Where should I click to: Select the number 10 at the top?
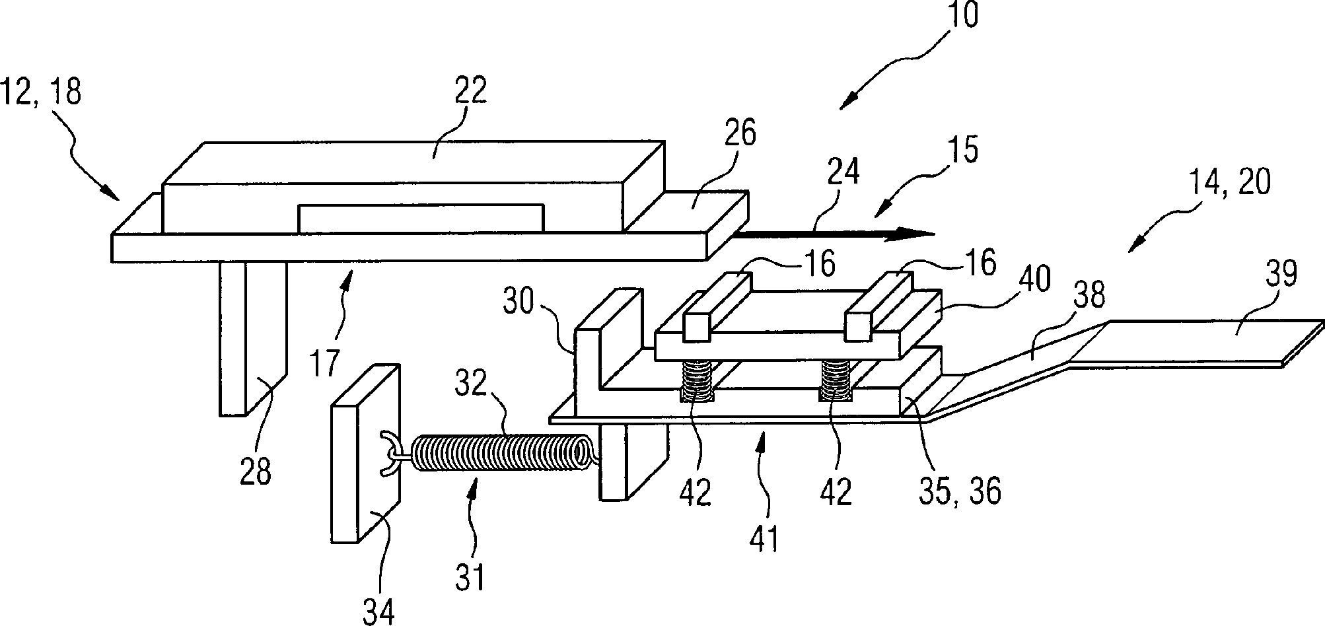(962, 15)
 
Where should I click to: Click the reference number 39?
(1280, 273)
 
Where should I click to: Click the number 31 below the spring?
(470, 575)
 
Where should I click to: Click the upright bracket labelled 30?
(608, 349)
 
